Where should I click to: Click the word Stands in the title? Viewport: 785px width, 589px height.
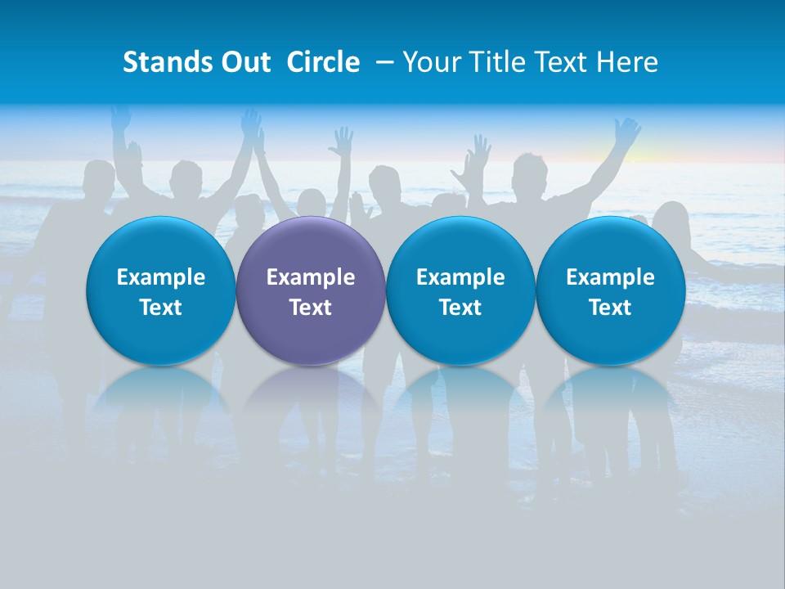(x=163, y=62)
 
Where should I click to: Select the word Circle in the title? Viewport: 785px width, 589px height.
(x=323, y=62)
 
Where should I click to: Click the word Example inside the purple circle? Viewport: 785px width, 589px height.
(x=311, y=278)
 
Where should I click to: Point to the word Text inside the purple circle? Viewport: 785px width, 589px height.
(x=311, y=308)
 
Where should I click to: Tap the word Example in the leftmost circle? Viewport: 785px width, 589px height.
(x=160, y=278)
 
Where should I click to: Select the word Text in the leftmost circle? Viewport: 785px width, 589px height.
(x=160, y=308)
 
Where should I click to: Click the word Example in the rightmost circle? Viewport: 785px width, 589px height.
(x=611, y=278)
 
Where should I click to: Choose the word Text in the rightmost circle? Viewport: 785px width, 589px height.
(x=611, y=308)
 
